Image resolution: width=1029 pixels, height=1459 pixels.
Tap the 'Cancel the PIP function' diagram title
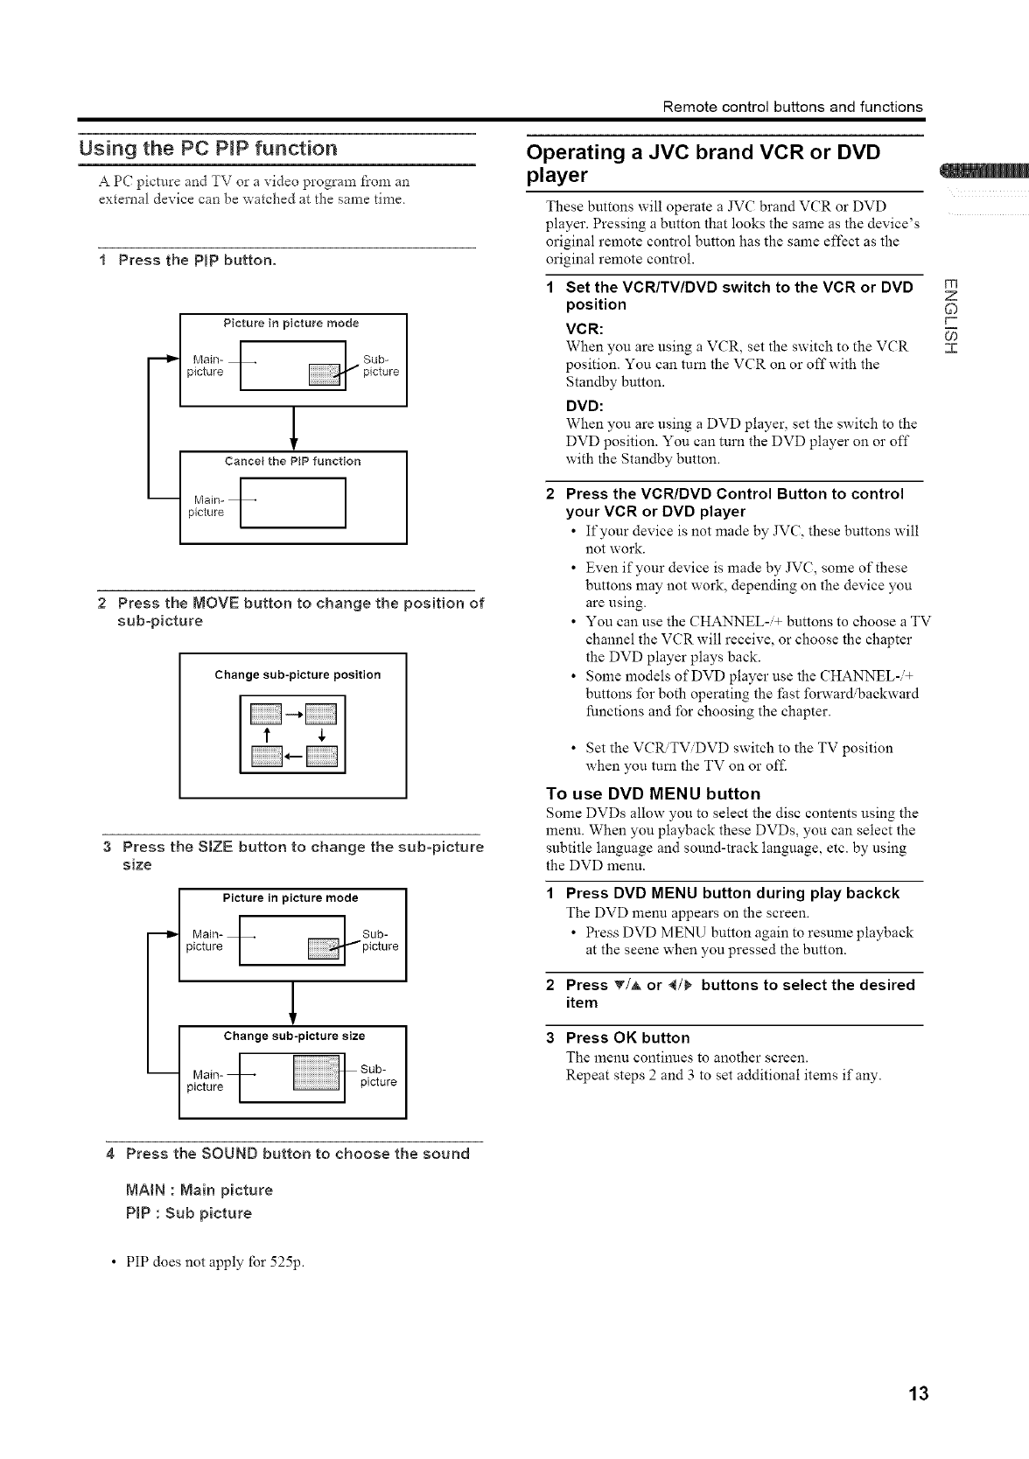pyautogui.click(x=292, y=461)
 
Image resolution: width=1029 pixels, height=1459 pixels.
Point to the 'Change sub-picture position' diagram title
pyautogui.click(x=297, y=674)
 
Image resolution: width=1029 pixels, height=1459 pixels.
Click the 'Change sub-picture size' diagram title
pyautogui.click(x=294, y=1036)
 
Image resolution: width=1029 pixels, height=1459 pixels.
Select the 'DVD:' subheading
pyautogui.click(x=584, y=406)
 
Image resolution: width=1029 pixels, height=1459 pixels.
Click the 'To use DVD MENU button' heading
pyautogui.click(x=653, y=793)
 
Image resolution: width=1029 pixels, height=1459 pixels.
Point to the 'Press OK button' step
pyautogui.click(x=627, y=1037)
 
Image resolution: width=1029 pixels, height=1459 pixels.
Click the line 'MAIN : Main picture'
pyautogui.click(x=199, y=1190)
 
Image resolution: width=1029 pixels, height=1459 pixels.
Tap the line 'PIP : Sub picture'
pyautogui.click(x=189, y=1213)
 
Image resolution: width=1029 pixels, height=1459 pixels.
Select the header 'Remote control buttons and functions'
pyautogui.click(x=793, y=107)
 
